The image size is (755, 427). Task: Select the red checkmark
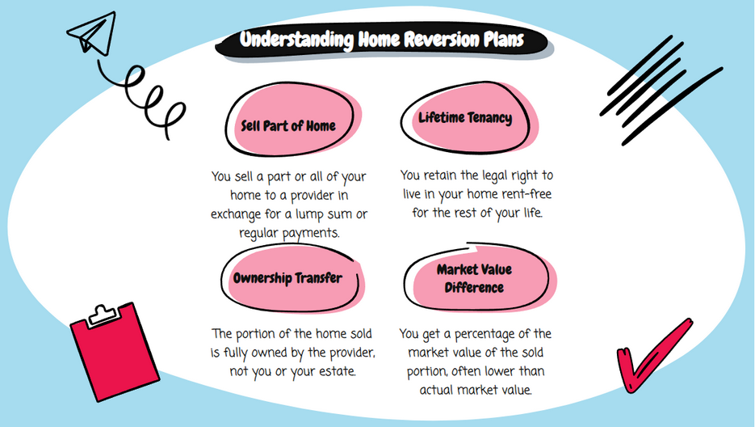tap(653, 356)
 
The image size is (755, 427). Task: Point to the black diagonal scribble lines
tap(661, 91)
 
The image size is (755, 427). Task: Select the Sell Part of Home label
tap(288, 126)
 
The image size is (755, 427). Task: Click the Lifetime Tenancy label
tap(464, 118)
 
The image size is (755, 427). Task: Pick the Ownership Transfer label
tap(287, 278)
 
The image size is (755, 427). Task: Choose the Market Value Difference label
tap(474, 278)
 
